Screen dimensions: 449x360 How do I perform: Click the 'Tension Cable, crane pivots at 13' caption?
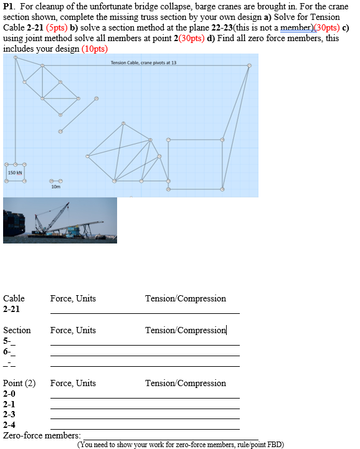143,64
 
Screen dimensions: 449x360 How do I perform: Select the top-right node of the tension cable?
249,65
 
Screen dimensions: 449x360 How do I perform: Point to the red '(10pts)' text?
95,49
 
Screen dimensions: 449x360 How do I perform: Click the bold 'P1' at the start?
9,6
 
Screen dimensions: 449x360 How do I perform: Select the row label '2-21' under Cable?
11,308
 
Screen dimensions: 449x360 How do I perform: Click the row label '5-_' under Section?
9,340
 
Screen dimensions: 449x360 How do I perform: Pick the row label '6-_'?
9,351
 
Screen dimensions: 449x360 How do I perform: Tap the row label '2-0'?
9,394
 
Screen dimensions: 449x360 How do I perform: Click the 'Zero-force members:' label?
42,435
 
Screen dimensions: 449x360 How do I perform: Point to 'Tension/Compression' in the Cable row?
185,298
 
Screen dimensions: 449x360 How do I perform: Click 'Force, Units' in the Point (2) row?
73,383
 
